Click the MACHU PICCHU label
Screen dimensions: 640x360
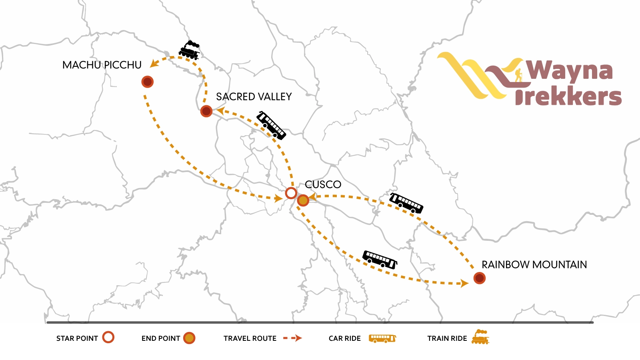click(x=102, y=65)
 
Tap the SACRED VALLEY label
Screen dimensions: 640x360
click(x=254, y=97)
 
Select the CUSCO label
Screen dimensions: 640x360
click(x=323, y=184)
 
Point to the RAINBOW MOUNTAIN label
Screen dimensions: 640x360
click(x=534, y=265)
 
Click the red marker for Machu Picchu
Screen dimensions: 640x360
click(x=148, y=82)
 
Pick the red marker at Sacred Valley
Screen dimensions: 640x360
click(x=206, y=111)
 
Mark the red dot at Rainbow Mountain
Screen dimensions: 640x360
click(x=480, y=278)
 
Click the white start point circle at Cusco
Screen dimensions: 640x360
click(x=291, y=193)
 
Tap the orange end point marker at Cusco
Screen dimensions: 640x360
click(x=303, y=200)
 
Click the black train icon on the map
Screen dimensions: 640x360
click(x=189, y=50)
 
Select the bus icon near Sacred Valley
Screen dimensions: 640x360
click(x=271, y=126)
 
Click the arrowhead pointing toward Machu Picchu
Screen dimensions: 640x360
click(x=154, y=63)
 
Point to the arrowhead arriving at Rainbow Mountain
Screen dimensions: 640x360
click(x=464, y=283)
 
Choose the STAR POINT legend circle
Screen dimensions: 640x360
click(x=108, y=337)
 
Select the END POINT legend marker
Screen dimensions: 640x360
click(x=189, y=338)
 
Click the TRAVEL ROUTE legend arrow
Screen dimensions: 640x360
click(x=292, y=338)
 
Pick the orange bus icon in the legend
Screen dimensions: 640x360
click(x=382, y=338)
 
